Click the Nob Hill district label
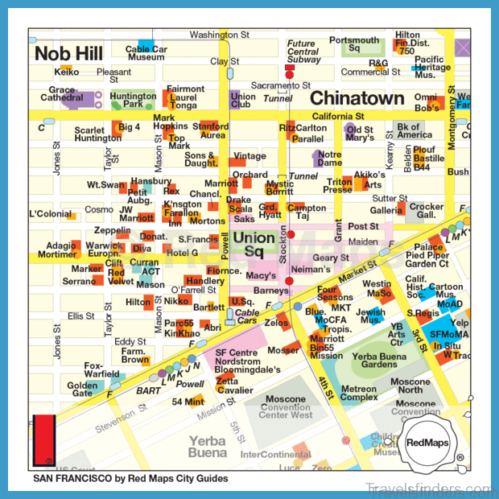68,54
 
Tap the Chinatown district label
357,98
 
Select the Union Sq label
254,244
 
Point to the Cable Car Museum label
146,53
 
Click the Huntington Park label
133,101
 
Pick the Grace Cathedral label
61,95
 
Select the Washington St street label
220,35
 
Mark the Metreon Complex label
359,393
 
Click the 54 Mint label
188,401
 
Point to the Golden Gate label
81,390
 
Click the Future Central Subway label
302,51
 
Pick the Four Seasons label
335,294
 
